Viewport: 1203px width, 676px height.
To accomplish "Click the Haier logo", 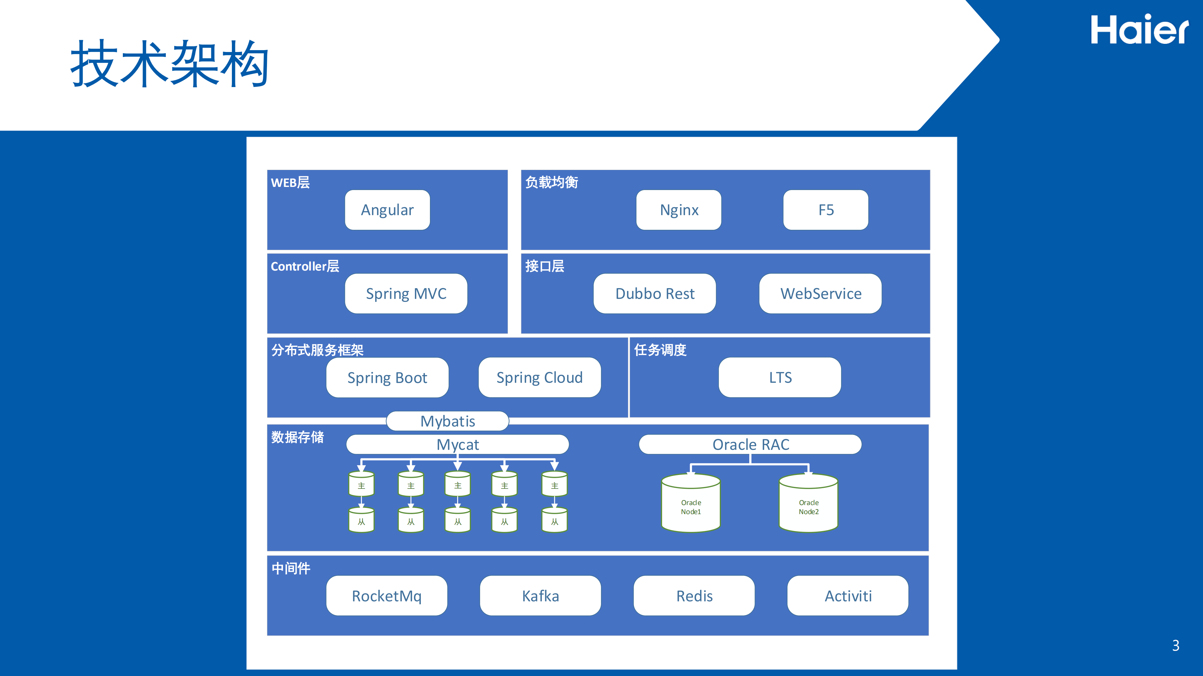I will point(1139,30).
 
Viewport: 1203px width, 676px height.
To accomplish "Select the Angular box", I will point(387,210).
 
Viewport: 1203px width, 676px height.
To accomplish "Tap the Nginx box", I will point(678,210).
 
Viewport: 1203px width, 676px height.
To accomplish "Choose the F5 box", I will point(826,210).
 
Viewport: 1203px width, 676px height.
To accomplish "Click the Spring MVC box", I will point(406,293).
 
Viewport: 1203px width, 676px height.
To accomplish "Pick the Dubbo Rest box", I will point(654,293).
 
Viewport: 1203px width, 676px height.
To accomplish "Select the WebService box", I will point(820,293).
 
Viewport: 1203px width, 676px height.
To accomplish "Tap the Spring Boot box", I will point(387,377).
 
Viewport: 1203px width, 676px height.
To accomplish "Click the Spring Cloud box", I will point(539,377).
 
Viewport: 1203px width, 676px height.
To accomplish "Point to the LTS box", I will point(780,377).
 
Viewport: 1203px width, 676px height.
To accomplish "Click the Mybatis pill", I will point(447,421).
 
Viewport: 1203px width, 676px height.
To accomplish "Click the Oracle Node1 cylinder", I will point(691,504).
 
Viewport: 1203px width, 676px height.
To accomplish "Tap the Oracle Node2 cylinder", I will point(808,504).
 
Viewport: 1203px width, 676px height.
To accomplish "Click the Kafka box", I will point(540,596).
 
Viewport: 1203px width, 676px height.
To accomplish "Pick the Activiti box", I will point(848,596).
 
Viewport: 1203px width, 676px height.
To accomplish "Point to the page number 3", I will point(1175,646).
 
